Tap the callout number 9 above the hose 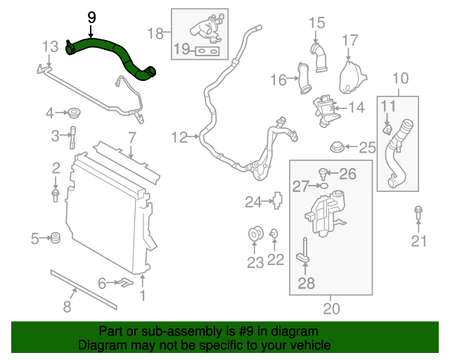[91, 17]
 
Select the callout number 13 [50, 46]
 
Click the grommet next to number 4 [72, 112]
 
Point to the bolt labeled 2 [56, 195]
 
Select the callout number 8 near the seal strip [67, 306]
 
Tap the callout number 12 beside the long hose [180, 137]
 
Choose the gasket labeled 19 [205, 51]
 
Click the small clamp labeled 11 [387, 129]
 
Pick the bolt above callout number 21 [418, 211]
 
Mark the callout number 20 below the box [330, 307]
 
